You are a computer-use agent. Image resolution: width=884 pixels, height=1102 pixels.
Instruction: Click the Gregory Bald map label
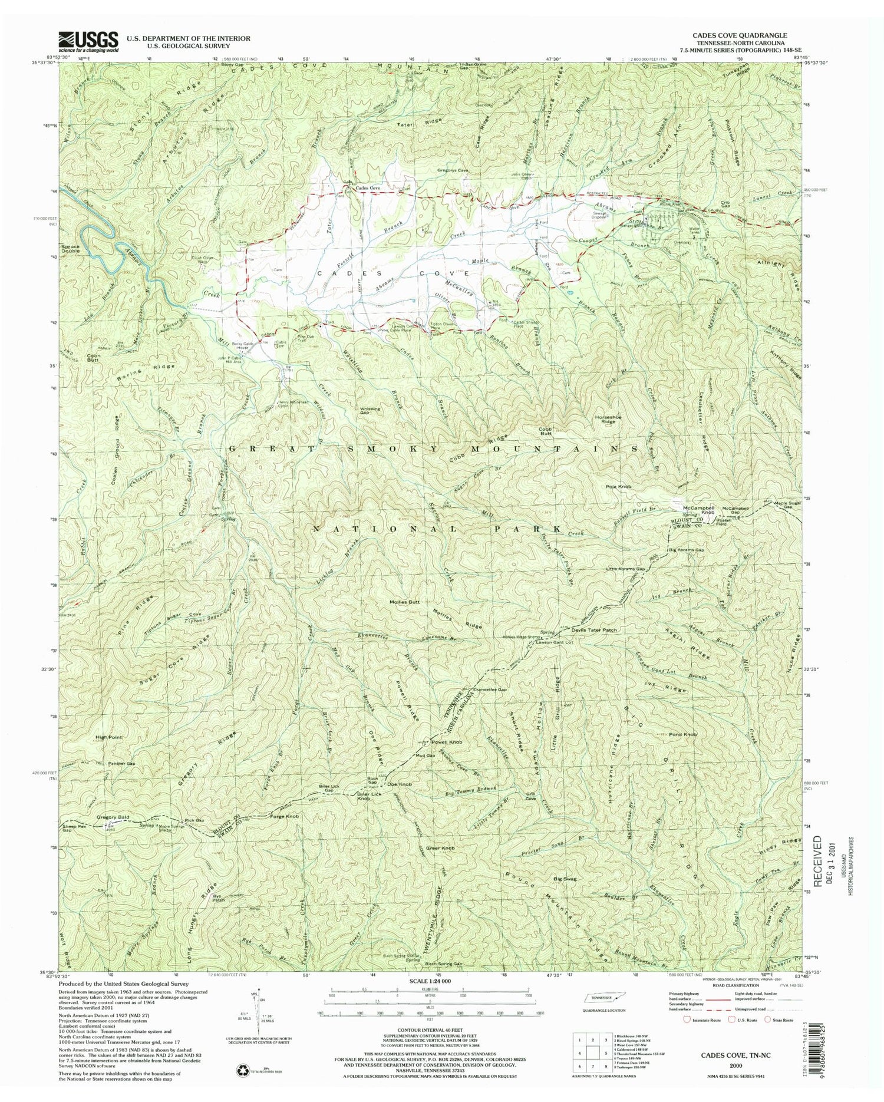[112, 817]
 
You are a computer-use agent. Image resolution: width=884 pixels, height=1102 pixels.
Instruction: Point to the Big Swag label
[565, 879]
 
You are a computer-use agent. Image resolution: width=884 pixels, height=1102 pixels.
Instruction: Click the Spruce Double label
[73, 248]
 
